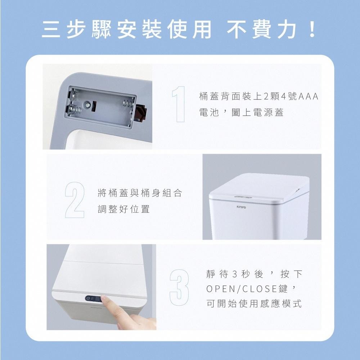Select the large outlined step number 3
[179, 288]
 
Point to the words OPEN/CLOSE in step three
[239, 289]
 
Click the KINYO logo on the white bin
[242, 207]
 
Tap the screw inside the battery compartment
[87, 105]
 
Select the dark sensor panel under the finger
[93, 298]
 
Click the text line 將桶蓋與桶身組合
[140, 193]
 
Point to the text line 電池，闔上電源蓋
[241, 113]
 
